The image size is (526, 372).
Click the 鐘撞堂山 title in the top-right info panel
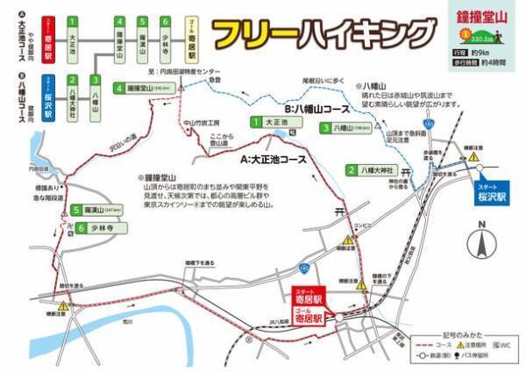483,17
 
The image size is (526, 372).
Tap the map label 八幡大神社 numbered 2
374,171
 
